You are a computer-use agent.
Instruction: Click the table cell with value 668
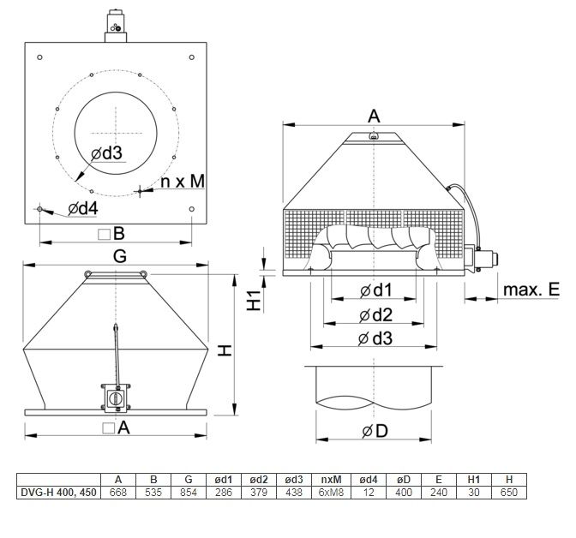[x=118, y=492]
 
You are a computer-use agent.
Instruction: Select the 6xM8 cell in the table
[x=331, y=492]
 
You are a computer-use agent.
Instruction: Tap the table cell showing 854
[x=189, y=492]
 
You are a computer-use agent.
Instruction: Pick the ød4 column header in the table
[x=369, y=480]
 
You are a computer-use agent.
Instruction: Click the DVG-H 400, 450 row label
[x=58, y=492]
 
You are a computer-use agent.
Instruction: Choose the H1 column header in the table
[x=474, y=480]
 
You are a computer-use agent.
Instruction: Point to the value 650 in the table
[x=509, y=492]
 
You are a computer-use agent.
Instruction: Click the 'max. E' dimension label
[x=531, y=290]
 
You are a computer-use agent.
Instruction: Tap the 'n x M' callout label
[x=183, y=182]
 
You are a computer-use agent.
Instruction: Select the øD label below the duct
[x=375, y=431]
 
